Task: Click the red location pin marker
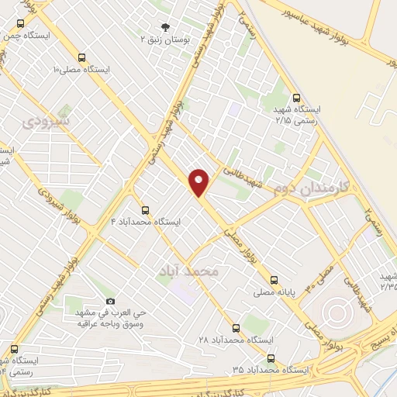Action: pos(199,181)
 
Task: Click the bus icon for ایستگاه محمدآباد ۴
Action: pos(144,209)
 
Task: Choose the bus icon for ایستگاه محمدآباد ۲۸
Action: pos(236,328)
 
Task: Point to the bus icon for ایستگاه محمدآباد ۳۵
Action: pos(271,357)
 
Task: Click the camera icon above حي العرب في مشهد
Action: pos(110,300)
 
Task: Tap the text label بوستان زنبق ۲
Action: pos(164,38)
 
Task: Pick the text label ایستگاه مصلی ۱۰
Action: pos(81,69)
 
